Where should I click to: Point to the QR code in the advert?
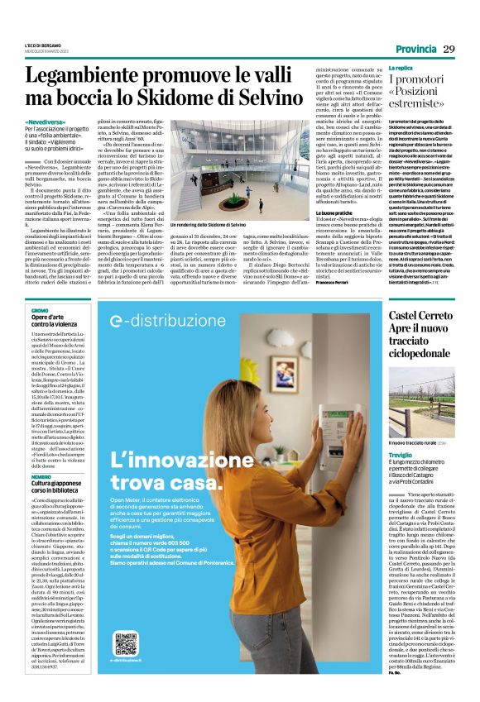[126, 643]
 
